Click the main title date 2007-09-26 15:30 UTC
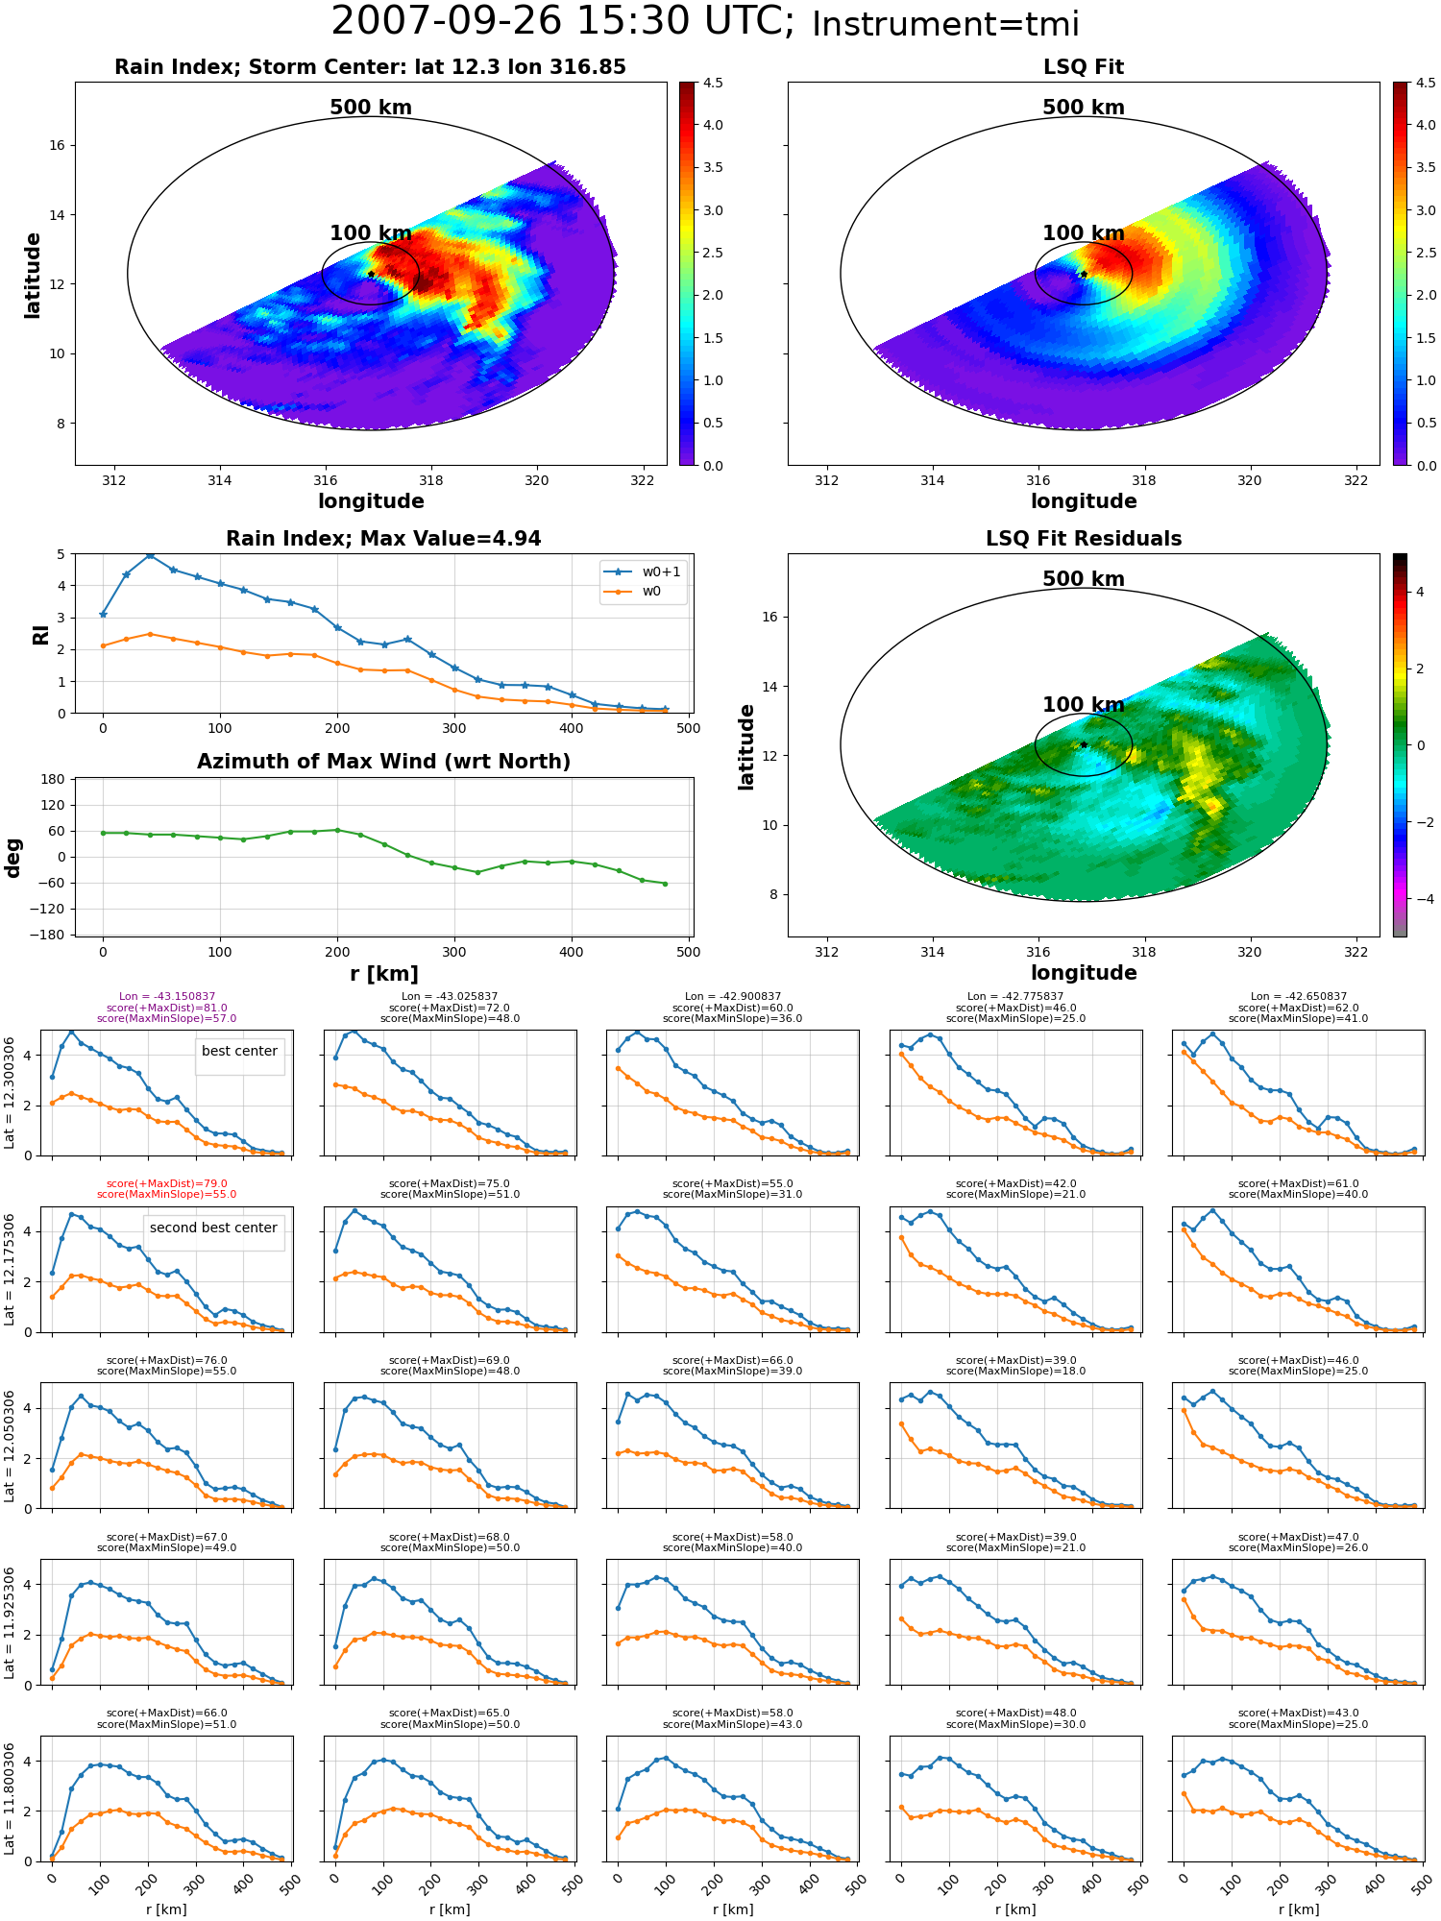coord(563,21)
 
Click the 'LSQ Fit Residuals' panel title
coord(1084,539)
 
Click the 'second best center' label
coord(213,1228)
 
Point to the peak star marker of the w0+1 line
coord(150,555)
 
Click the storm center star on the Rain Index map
coord(371,274)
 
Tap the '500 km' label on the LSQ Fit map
coord(1084,108)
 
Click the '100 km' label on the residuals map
coord(1084,705)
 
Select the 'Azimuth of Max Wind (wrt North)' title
coord(384,762)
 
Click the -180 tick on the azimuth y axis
coord(51,935)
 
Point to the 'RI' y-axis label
coord(40,634)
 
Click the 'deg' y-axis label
coord(12,858)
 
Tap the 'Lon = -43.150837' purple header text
coord(167,997)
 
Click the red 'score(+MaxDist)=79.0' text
coord(167,1184)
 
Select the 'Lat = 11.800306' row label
coord(10,1799)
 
